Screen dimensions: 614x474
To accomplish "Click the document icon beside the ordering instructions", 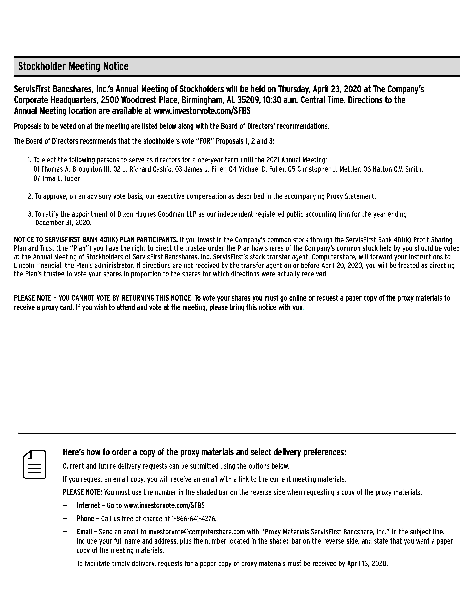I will tap(35, 464).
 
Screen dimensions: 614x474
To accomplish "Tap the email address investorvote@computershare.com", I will tap(197, 532).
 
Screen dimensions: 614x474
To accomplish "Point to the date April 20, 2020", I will tap(341, 265).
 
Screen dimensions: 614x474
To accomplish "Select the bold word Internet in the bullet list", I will tap(88, 506).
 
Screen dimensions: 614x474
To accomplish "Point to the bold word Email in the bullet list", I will tap(84, 532).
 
